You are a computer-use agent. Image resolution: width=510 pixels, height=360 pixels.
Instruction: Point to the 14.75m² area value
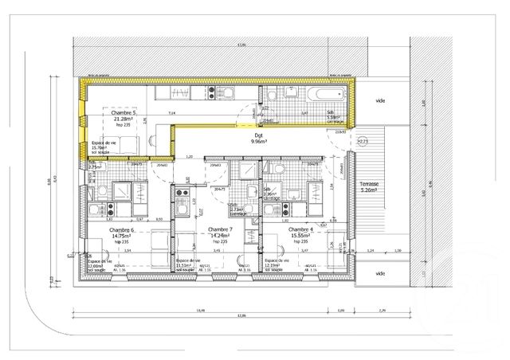122,236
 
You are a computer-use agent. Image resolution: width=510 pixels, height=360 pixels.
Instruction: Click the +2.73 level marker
363,141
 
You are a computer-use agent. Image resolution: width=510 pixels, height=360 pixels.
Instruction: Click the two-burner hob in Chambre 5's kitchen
211,92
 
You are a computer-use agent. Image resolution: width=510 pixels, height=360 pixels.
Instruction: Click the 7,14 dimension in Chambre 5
172,114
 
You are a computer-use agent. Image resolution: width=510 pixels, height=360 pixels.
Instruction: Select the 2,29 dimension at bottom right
381,310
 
